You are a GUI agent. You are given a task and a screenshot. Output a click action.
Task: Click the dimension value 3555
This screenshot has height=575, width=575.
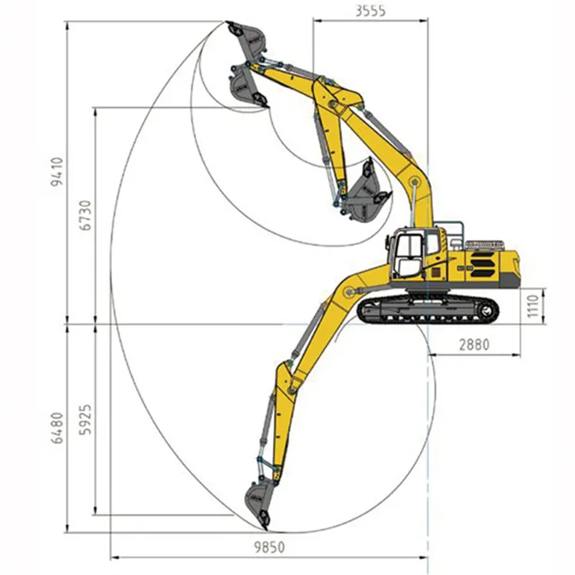coord(370,11)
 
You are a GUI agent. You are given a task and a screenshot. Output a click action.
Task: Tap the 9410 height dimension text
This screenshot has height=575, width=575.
coord(58,172)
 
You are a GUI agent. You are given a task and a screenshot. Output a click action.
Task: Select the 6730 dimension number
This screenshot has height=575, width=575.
coord(85,215)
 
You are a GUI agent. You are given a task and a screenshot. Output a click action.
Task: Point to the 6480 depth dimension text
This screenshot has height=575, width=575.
coord(58,428)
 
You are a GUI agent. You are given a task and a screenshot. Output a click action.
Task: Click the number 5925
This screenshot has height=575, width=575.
coord(85,419)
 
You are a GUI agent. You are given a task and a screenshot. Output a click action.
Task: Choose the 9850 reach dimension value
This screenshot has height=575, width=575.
coord(270,547)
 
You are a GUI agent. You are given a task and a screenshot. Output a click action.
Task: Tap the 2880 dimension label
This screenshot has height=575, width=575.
coord(474,345)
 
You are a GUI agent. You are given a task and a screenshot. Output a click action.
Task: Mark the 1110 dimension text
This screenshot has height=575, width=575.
coord(532,305)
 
